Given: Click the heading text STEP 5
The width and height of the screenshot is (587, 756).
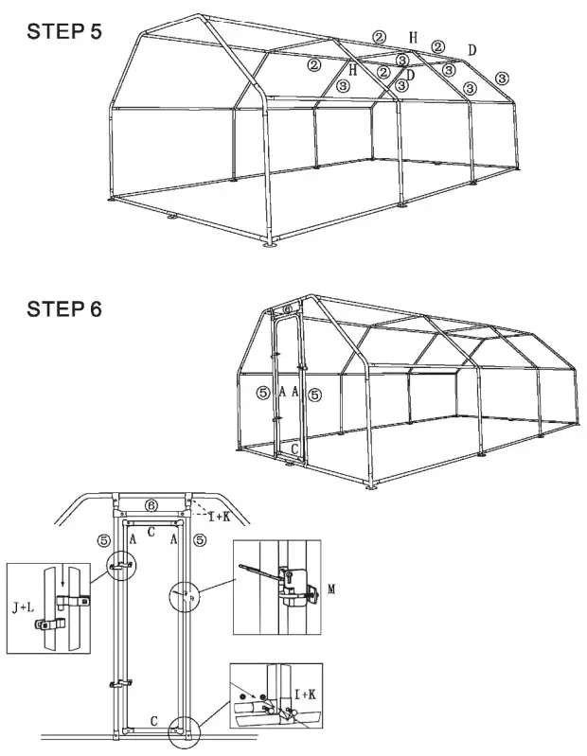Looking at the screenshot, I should (x=65, y=30).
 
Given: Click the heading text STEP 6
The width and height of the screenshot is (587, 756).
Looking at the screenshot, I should (x=65, y=308).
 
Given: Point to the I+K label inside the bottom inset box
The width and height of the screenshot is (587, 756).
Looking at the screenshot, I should (x=305, y=695).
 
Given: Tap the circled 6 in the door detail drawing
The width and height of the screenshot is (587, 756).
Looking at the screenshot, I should (x=151, y=506).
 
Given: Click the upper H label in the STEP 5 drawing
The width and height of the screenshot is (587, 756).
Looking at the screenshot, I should (x=413, y=38).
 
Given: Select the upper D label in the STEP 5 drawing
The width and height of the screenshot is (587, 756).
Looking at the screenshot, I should (x=471, y=49).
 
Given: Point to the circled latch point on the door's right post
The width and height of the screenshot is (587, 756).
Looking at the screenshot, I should (x=185, y=597).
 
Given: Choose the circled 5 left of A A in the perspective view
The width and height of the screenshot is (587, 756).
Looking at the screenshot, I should (x=263, y=392).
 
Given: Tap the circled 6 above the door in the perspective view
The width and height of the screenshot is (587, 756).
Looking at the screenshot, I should (x=288, y=309).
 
